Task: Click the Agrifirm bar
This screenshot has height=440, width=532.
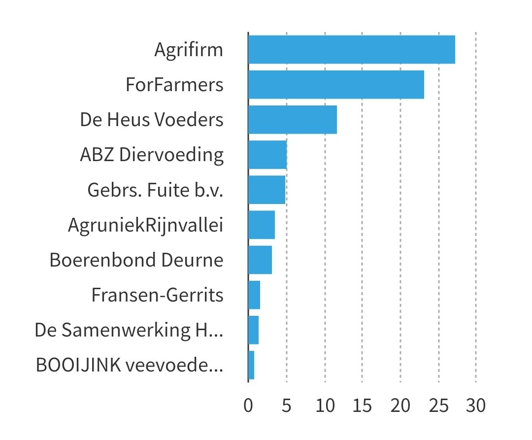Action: click(x=351, y=49)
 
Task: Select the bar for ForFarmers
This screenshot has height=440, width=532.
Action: click(x=336, y=85)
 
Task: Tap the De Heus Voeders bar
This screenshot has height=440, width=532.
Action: click(x=292, y=120)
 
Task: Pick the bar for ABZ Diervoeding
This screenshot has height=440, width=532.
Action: click(x=267, y=155)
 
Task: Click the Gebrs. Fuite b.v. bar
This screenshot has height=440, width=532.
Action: click(x=266, y=190)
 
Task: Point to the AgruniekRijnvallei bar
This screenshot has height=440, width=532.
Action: click(x=261, y=225)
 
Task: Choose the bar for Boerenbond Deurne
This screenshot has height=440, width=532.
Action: click(x=260, y=260)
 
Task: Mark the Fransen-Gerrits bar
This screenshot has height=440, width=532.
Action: click(x=254, y=295)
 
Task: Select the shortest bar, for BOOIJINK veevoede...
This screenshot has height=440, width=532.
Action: click(x=251, y=365)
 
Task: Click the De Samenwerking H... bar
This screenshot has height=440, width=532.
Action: click(x=253, y=330)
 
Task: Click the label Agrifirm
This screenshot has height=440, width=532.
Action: click(x=189, y=50)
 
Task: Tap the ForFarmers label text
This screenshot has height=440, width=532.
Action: click(x=174, y=85)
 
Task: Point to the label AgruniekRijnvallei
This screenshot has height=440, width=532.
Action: click(x=146, y=225)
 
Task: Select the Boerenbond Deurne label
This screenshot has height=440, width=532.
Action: click(x=136, y=260)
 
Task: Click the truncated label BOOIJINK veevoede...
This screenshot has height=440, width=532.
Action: click(x=130, y=366)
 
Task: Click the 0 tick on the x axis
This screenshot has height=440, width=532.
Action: click(x=248, y=406)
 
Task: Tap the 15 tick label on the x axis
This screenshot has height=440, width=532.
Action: click(x=362, y=406)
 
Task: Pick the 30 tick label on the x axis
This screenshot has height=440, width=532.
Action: click(x=476, y=406)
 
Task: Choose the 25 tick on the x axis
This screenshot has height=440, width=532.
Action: click(x=438, y=406)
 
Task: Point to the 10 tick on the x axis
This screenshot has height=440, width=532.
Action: click(x=325, y=406)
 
